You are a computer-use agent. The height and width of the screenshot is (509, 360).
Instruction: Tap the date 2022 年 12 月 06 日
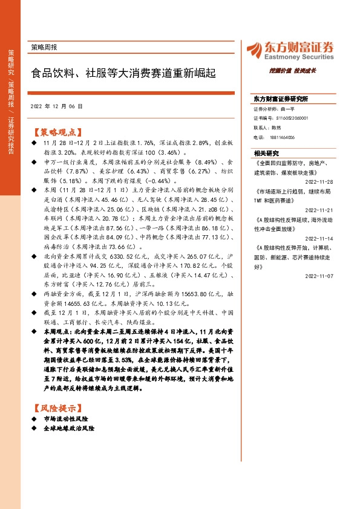coord(56,106)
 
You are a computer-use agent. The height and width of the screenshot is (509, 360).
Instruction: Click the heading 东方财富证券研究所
coord(281,99)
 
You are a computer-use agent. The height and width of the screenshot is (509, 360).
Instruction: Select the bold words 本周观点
coord(55,332)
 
